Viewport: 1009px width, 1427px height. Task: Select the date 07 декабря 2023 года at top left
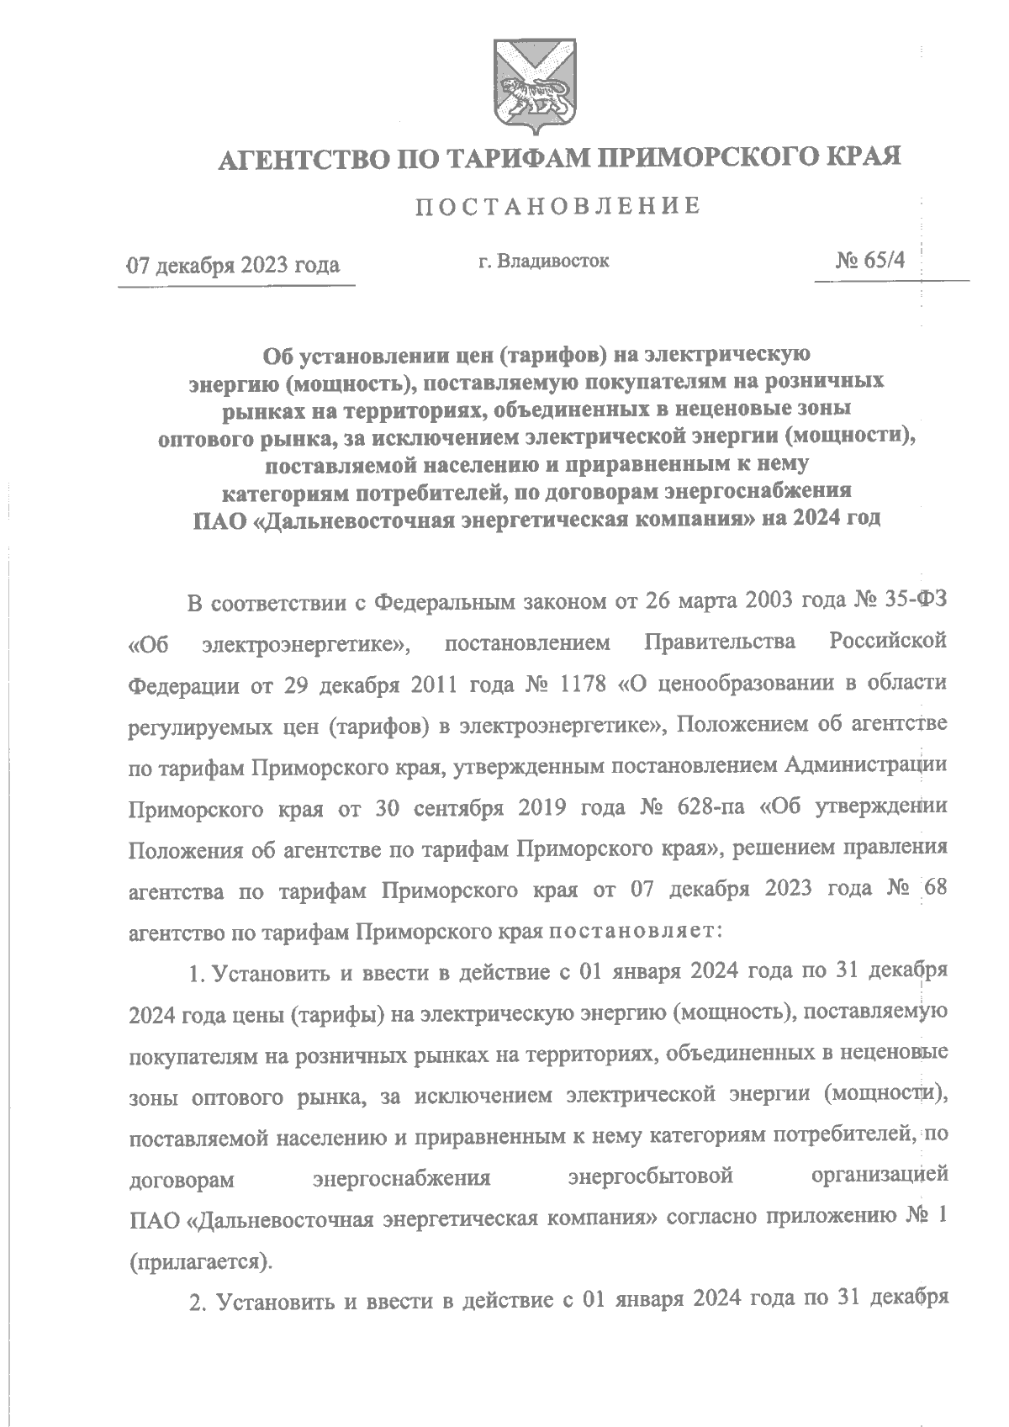click(233, 266)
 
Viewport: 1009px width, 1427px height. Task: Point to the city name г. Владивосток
click(543, 262)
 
